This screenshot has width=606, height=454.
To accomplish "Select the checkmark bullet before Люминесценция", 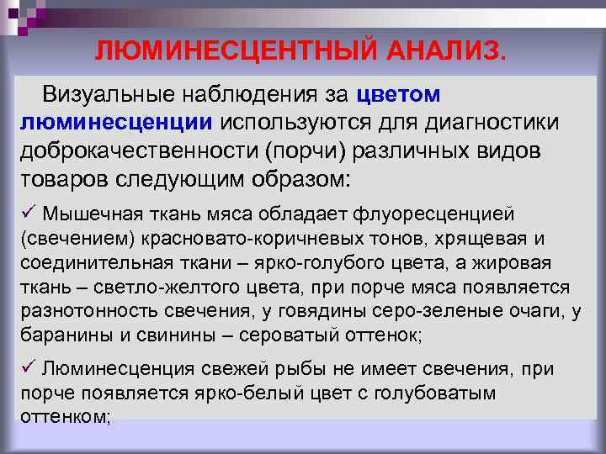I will pos(26,368).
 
